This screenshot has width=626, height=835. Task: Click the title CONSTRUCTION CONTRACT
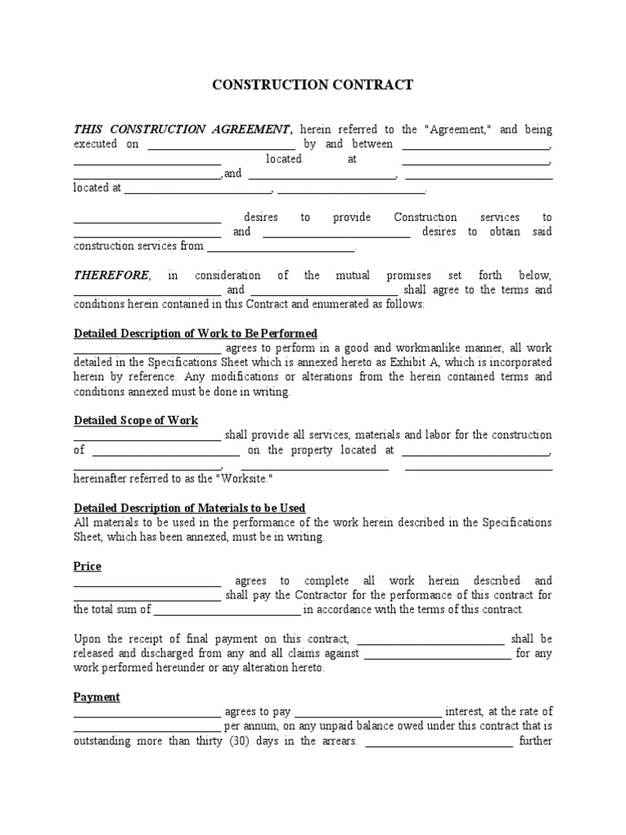pos(313,85)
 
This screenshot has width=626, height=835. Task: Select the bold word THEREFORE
pos(112,275)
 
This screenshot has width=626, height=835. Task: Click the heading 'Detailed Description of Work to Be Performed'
pos(196,334)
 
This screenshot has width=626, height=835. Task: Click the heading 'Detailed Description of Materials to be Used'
pos(190,507)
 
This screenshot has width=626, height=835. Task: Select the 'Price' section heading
pos(87,566)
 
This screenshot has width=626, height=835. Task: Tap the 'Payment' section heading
pos(97,697)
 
